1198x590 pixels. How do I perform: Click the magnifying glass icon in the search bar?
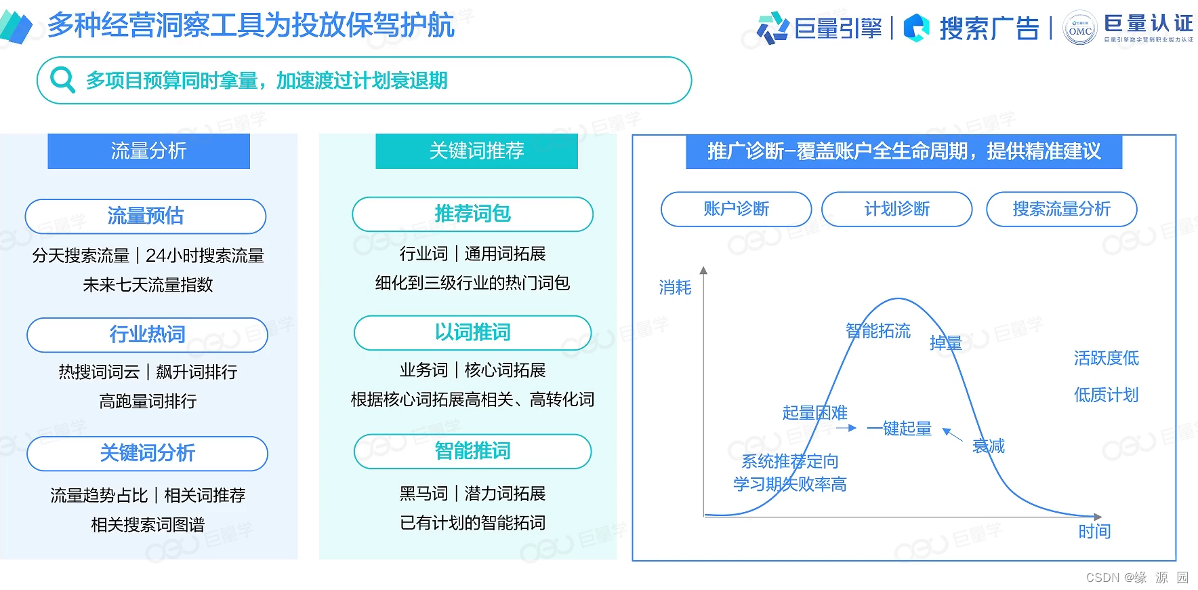[x=62, y=80]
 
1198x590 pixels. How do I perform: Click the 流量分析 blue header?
[x=148, y=151]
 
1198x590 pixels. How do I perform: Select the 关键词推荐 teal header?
[x=476, y=151]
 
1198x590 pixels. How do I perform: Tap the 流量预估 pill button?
[x=146, y=216]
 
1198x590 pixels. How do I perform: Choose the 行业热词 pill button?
[x=147, y=334]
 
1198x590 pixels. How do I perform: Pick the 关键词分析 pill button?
[x=147, y=453]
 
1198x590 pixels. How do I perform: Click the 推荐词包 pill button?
[x=472, y=214]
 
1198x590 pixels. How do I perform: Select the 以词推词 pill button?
[x=472, y=332]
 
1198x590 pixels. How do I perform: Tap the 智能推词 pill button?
[x=472, y=451]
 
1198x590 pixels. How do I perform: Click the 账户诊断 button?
[x=736, y=209]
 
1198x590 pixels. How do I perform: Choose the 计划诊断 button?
[x=896, y=209]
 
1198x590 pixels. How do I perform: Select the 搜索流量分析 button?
[x=1061, y=209]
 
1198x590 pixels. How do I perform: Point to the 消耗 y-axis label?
[x=675, y=288]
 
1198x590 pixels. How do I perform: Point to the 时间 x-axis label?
[x=1094, y=531]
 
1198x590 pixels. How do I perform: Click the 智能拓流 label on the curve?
[x=878, y=331]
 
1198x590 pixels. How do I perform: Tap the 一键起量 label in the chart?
[x=899, y=429]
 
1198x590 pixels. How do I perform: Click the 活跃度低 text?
[x=1106, y=358]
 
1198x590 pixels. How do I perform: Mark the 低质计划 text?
[x=1106, y=395]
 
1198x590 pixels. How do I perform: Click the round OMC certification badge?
[x=1079, y=28]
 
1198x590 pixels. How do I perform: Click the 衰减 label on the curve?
[x=989, y=446]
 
